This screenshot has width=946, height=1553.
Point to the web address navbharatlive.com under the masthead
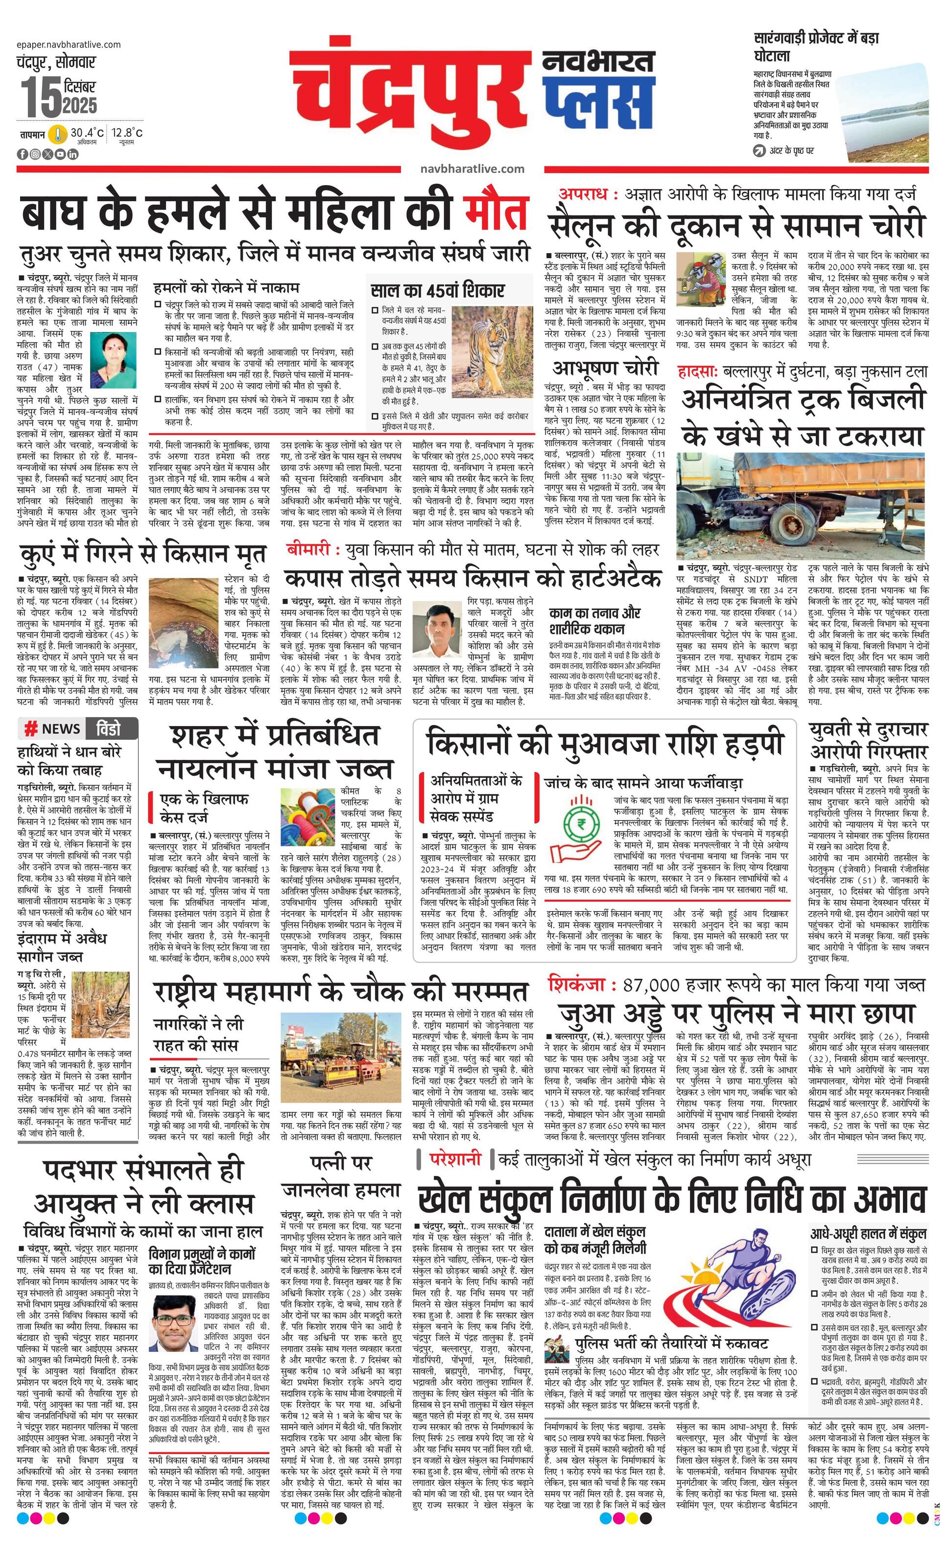coord(472,168)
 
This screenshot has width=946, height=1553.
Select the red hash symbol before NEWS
coord(29,729)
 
